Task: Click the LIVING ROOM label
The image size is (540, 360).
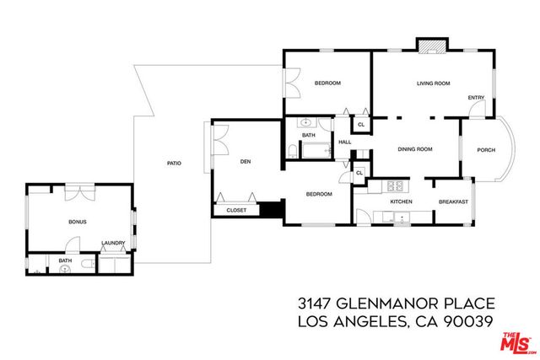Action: (433, 83)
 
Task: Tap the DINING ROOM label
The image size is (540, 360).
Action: (415, 149)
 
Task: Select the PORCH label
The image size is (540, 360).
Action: (485, 150)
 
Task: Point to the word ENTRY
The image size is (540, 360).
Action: (476, 97)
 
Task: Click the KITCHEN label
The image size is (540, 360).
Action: (400, 202)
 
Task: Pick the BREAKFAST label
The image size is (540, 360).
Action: (452, 202)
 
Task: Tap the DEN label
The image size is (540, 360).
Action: (246, 162)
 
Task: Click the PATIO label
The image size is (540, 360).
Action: (174, 163)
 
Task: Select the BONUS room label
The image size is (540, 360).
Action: (78, 222)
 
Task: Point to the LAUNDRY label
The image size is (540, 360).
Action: (113, 244)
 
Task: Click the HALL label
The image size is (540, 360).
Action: (344, 142)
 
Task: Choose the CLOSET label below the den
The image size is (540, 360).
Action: (236, 210)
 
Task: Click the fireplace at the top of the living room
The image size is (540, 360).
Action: (430, 43)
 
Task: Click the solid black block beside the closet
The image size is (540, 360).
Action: (270, 210)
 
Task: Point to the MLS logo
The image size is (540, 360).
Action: (517, 341)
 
